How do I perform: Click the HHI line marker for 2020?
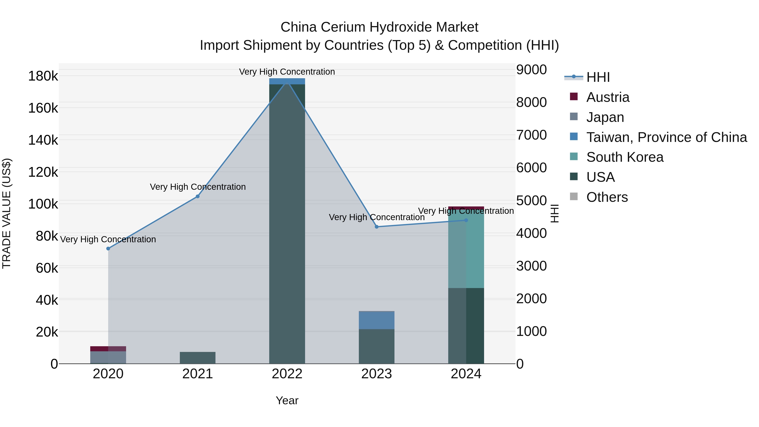tap(108, 248)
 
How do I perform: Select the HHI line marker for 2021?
tap(198, 196)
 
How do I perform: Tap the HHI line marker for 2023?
tap(377, 227)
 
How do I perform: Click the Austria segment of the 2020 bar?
tap(108, 349)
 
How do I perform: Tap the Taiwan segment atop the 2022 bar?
tap(287, 81)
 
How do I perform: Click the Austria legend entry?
tap(608, 97)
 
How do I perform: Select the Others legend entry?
tap(607, 197)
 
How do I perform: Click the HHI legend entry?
tap(598, 77)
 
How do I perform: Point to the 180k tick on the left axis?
tap(43, 76)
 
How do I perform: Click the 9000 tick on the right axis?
tap(532, 70)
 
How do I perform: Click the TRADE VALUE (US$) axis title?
tap(7, 213)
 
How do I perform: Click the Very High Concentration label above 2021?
tap(198, 187)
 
